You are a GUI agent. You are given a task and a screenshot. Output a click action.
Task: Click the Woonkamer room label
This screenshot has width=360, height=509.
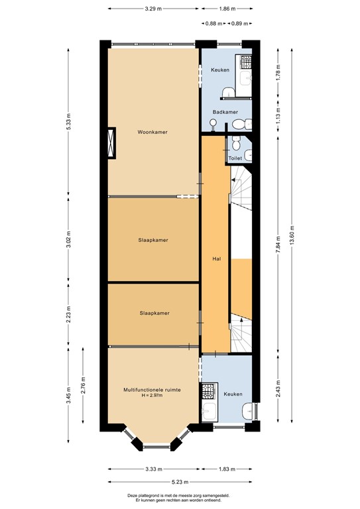click(152, 132)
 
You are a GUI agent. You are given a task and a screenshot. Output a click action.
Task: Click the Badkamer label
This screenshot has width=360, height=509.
click(225, 112)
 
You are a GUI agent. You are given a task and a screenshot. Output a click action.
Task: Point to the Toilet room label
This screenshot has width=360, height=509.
click(235, 159)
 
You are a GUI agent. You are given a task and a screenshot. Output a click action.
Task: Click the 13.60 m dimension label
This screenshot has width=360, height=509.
click(292, 235)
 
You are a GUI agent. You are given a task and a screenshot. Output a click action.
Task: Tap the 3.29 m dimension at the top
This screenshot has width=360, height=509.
click(154, 10)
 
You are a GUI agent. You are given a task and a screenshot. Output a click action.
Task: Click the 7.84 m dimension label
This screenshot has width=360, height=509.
click(277, 247)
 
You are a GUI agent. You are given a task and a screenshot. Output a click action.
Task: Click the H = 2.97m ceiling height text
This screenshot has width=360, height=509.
click(152, 396)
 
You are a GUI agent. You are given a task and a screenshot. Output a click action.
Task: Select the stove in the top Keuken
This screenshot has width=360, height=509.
click(247, 64)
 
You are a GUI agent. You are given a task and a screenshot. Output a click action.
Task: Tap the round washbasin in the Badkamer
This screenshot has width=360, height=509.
click(213, 123)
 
